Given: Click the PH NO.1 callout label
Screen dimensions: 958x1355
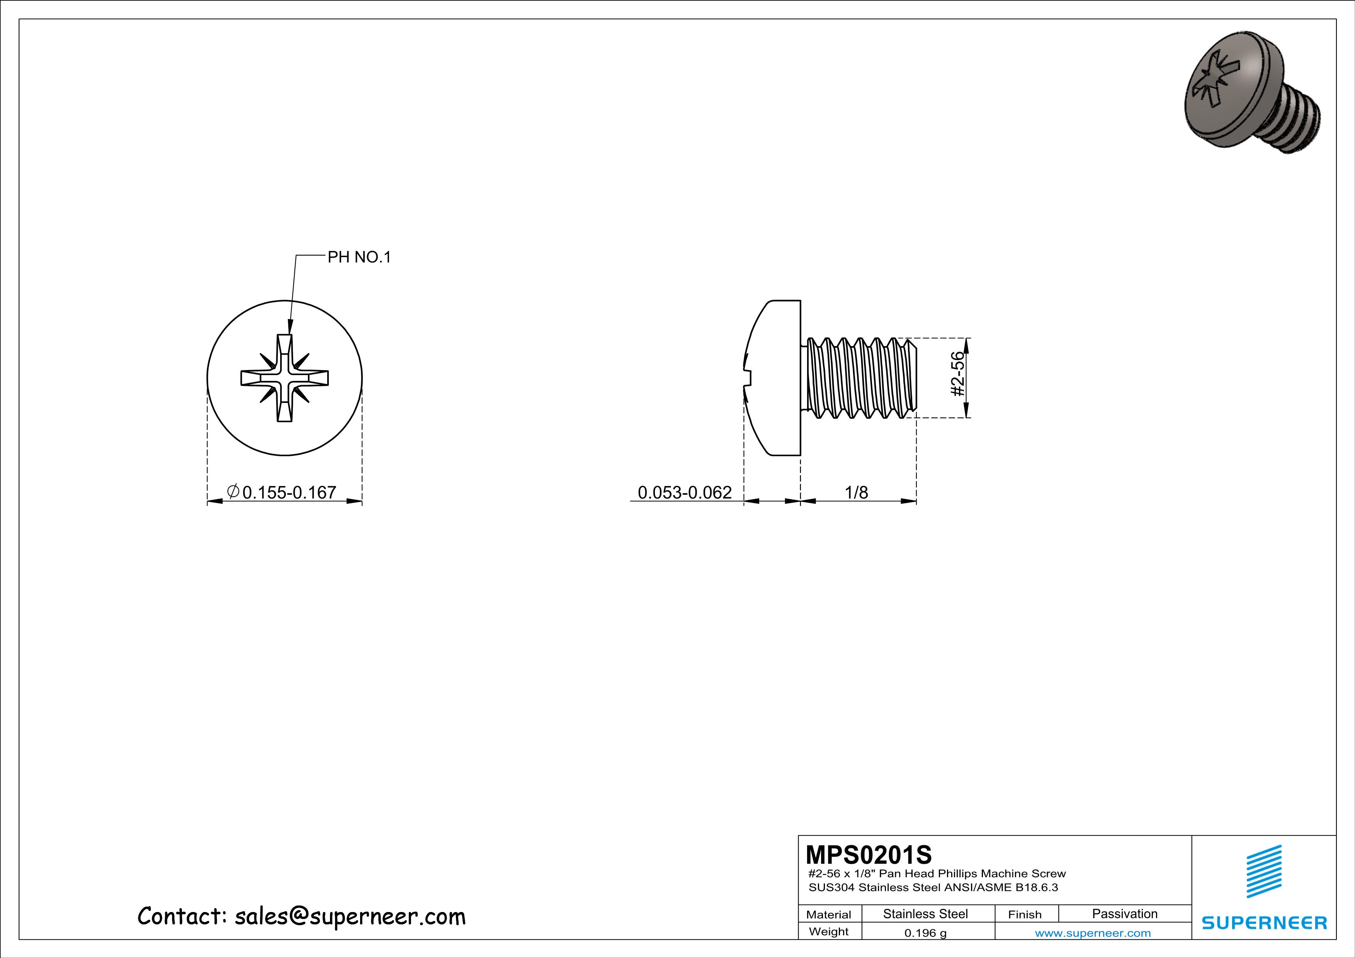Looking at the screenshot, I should [359, 257].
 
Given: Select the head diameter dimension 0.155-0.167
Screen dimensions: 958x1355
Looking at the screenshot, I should [289, 492].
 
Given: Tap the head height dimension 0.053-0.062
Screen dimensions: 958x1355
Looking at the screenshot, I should [685, 492].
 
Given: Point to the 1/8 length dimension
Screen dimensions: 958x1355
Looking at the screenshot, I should [856, 492].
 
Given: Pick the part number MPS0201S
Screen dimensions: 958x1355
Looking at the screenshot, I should [869, 854].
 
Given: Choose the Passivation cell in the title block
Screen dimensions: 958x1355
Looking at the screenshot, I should [1124, 914].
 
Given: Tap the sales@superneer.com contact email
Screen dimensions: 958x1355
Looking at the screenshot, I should [350, 916].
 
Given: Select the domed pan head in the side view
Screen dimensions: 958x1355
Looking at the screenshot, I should [773, 377].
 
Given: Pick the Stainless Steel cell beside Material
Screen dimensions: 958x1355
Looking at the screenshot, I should [925, 914].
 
